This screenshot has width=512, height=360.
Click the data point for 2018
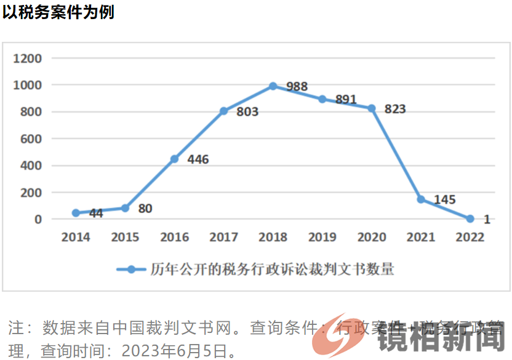point(273,86)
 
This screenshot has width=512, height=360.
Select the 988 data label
point(297,87)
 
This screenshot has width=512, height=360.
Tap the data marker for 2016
point(174,159)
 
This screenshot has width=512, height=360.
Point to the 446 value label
point(198,160)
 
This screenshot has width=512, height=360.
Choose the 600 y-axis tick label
point(32,139)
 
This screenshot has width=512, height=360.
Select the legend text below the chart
point(272,269)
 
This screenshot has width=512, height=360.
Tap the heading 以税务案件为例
point(58,12)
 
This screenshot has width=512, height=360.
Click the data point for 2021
point(421,199)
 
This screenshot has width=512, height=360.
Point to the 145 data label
point(444,200)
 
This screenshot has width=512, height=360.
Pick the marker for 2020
point(372,108)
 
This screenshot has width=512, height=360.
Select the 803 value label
point(247,112)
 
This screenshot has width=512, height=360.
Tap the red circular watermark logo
point(337,334)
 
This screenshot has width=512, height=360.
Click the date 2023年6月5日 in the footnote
point(178,351)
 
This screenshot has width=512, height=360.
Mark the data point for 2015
point(125,208)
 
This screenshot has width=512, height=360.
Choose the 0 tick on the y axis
point(38,219)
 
